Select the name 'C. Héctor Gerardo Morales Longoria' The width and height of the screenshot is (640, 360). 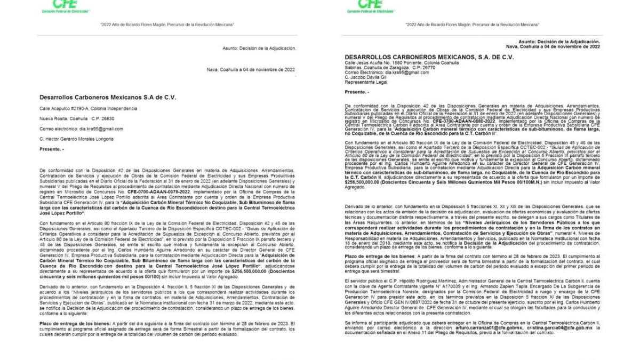[77, 139]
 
